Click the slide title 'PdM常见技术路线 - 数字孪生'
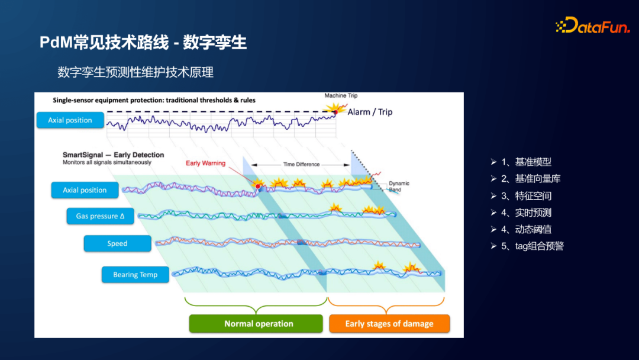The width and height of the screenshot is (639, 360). tap(143, 43)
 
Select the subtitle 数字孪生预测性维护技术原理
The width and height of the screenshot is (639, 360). tap(135, 72)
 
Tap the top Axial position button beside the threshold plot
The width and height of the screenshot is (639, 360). tap(70, 120)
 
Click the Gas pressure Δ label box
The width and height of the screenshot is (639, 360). tap(100, 216)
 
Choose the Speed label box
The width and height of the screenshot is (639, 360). tap(117, 243)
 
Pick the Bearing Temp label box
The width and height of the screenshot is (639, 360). tap(135, 275)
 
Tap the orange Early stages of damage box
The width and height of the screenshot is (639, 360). tap(389, 324)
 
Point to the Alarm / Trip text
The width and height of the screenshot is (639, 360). tap(370, 112)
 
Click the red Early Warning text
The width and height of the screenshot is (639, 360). tap(205, 163)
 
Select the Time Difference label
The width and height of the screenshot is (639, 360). tap(301, 165)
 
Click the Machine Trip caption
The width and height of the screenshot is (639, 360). tap(341, 96)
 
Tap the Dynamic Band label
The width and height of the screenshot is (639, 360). tap(399, 187)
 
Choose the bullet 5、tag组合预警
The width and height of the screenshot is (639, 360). tap(532, 246)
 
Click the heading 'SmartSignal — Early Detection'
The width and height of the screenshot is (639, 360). tap(113, 155)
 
